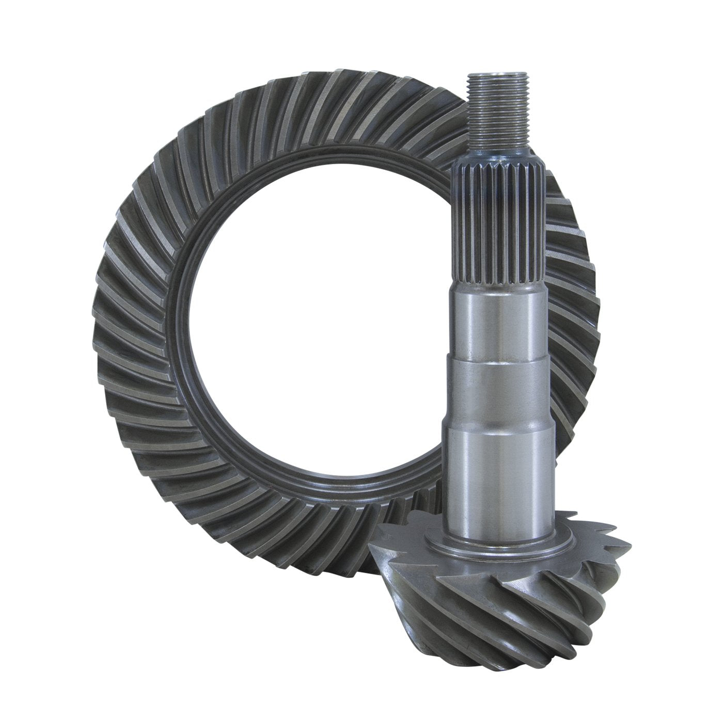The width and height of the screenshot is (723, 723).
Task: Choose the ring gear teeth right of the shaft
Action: [x=573, y=310]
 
